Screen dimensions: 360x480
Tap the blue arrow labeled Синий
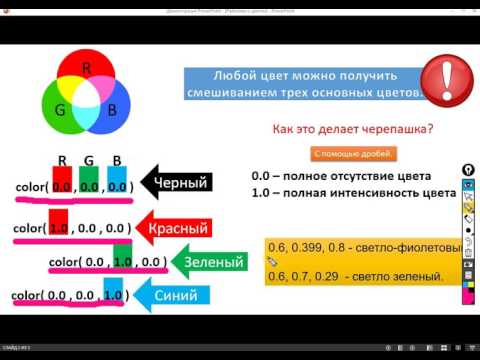coord(186,295)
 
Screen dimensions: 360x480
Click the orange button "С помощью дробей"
coord(354,154)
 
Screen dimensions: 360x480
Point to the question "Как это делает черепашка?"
coord(354,130)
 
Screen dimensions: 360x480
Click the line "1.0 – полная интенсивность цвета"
coord(353,192)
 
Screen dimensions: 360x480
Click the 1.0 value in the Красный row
coord(58,228)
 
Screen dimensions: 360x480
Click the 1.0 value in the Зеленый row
coord(123,262)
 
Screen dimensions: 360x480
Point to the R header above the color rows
coord(62,159)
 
